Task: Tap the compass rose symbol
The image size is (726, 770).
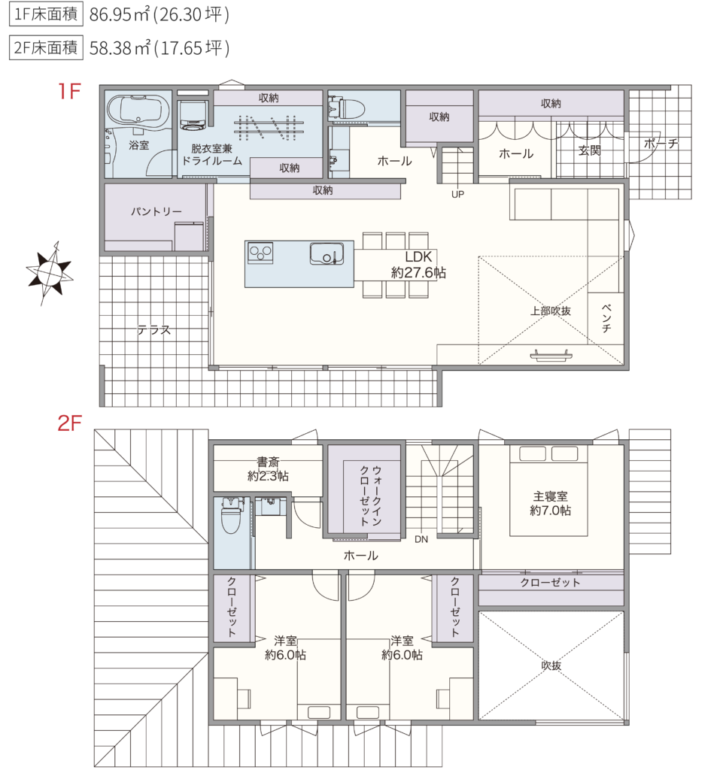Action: (50, 272)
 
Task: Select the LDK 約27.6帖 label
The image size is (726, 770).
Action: (418, 265)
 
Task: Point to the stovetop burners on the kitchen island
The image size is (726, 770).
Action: (260, 253)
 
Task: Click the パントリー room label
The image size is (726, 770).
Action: (156, 211)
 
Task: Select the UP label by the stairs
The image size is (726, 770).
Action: (458, 195)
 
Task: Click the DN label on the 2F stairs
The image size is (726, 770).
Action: (421, 539)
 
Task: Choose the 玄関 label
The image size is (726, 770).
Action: (589, 150)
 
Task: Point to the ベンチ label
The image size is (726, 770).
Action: (606, 318)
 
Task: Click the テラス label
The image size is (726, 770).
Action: (153, 330)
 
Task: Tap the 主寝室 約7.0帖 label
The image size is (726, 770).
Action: (550, 504)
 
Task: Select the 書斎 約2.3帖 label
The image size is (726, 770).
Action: (268, 469)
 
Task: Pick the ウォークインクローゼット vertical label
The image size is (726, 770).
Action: (371, 496)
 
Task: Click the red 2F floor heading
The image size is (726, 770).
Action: (69, 423)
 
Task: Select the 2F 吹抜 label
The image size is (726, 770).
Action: (551, 665)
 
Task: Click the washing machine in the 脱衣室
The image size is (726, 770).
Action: (193, 116)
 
